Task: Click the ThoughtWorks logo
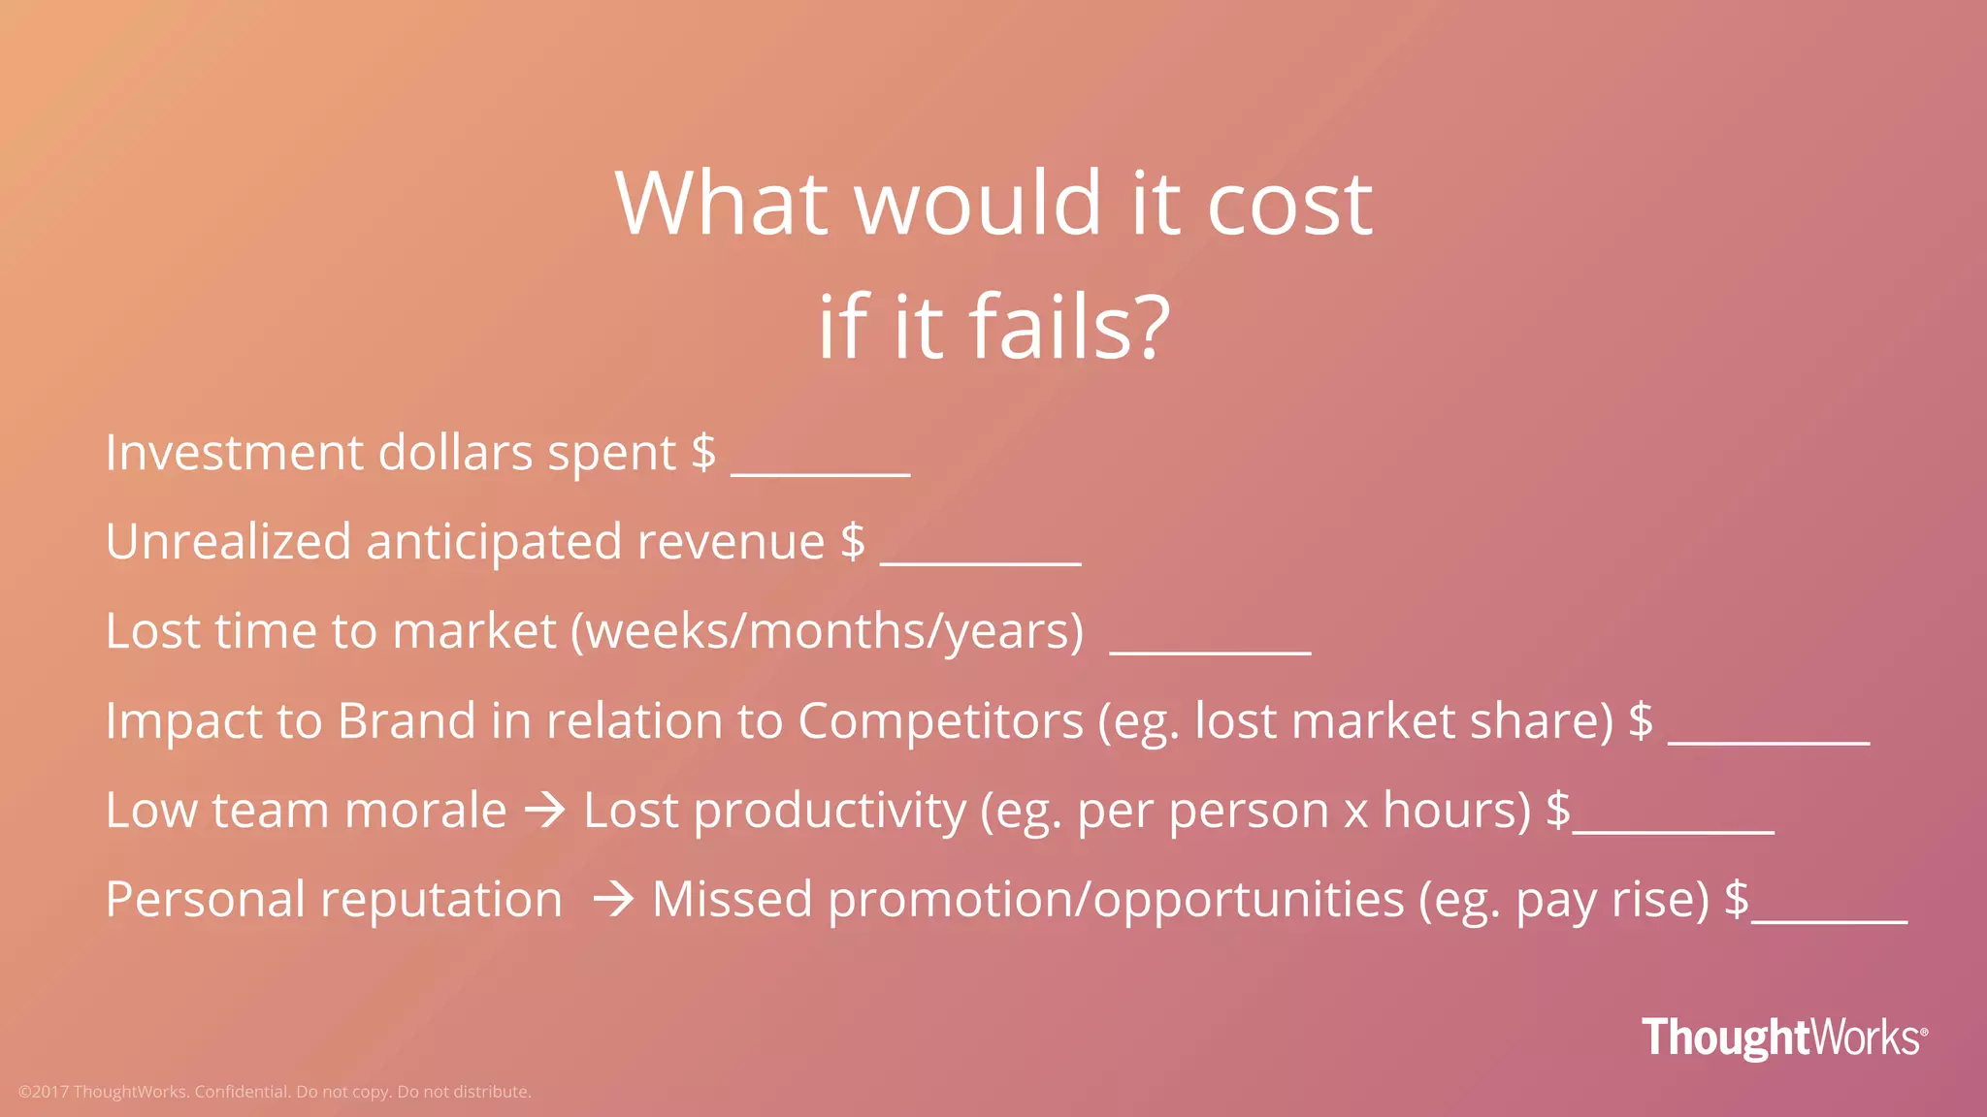1783,1037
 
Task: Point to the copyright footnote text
275,1092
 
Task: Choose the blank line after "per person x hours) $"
1674,830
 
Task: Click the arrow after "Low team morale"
545,811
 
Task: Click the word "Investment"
234,453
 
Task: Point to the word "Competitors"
940,721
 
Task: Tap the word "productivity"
830,812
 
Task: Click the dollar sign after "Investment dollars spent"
703,453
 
